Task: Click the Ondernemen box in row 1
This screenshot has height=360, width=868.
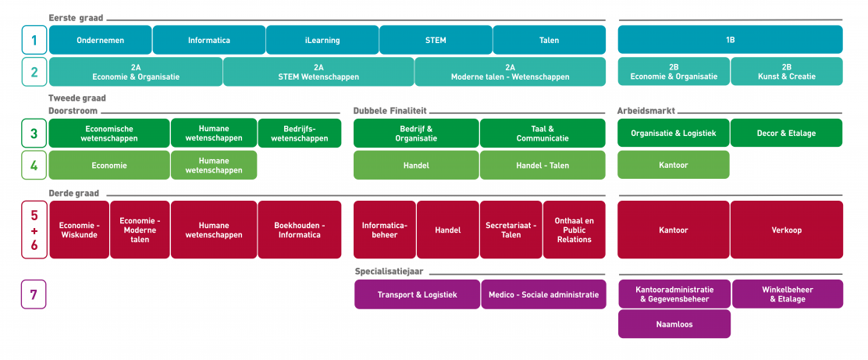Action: point(100,40)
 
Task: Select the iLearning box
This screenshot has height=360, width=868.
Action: point(322,40)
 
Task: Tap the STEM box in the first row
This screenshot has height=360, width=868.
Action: point(436,40)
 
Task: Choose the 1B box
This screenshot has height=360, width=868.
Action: point(730,40)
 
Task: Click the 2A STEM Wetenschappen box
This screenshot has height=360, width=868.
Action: point(318,72)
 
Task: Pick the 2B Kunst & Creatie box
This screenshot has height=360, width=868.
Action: point(786,72)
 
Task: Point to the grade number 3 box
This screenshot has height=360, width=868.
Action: point(34,133)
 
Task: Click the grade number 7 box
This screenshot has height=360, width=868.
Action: point(34,294)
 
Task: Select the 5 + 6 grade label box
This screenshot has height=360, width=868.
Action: point(34,230)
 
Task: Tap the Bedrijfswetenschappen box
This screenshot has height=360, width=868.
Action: point(300,133)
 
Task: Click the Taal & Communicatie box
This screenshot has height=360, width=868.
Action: point(542,133)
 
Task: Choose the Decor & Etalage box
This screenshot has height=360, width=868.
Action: point(786,133)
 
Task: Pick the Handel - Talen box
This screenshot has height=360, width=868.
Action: point(542,166)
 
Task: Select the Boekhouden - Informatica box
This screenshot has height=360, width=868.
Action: point(300,230)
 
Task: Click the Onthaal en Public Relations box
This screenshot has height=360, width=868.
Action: point(574,230)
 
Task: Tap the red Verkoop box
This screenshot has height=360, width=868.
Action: point(786,230)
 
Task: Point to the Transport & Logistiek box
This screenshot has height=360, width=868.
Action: point(417,294)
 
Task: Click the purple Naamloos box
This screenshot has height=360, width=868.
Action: point(674,324)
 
